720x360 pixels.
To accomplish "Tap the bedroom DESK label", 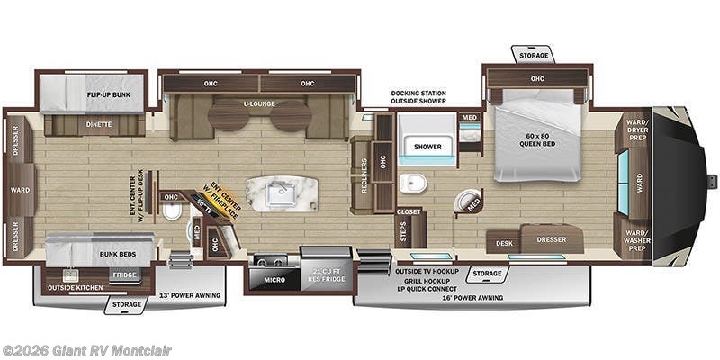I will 504,242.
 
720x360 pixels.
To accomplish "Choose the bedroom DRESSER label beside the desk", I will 550,239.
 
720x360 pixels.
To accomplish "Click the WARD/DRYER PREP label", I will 637,130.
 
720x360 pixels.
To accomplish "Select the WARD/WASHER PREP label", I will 637,238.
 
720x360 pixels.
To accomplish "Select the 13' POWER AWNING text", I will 190,294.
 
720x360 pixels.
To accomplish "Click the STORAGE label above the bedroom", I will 532,56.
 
